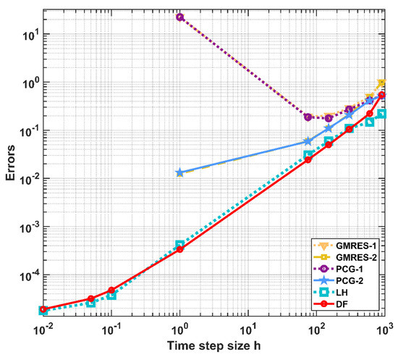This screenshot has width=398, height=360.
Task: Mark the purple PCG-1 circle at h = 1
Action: (x=179, y=17)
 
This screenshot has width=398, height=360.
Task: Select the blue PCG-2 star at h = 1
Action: (x=179, y=173)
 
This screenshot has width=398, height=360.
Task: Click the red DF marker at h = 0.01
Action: (x=43, y=309)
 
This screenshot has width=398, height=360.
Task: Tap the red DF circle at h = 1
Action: (x=179, y=248)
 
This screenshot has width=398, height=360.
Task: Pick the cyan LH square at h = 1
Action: (x=179, y=245)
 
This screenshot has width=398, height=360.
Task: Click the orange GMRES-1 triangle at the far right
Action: (x=381, y=83)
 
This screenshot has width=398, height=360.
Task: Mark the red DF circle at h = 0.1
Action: (x=111, y=290)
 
